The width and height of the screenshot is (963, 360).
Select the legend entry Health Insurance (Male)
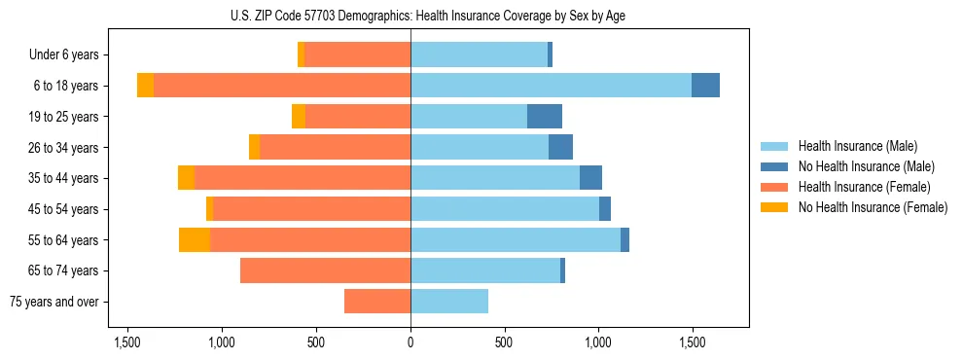[857, 146]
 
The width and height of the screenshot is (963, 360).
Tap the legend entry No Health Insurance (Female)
[873, 207]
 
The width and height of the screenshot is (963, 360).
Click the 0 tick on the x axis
[410, 342]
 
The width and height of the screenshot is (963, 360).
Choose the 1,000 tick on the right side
[597, 342]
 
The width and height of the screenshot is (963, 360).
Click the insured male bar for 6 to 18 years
[551, 86]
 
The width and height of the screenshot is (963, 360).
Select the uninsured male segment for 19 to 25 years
[545, 117]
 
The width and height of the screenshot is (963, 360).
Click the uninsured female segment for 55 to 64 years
[195, 239]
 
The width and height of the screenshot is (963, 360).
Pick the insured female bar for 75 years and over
[377, 302]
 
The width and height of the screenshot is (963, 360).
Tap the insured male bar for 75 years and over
[449, 302]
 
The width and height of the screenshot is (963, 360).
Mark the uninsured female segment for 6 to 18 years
[145, 86]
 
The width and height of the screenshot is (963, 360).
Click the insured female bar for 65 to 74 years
[325, 270]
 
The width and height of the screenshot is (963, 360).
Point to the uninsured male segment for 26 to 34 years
[560, 147]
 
